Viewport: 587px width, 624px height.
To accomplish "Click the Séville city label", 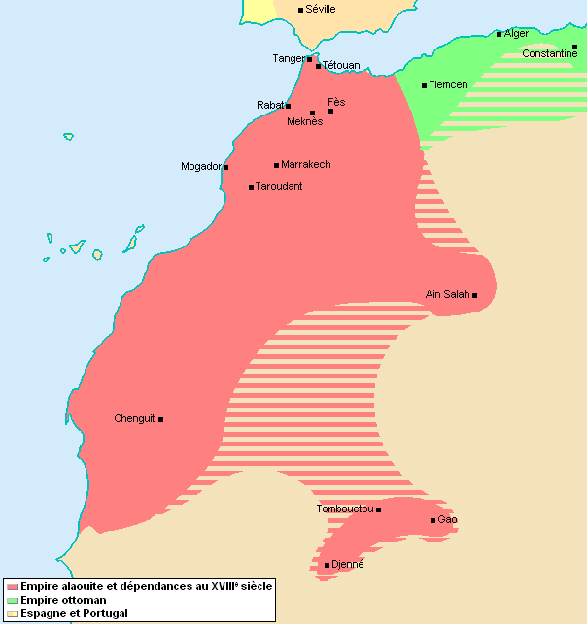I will (x=320, y=9).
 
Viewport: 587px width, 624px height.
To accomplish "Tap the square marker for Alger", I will (x=500, y=34).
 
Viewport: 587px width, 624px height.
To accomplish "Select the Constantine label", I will (x=549, y=54).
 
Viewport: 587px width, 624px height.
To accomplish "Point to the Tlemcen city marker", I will (x=424, y=85).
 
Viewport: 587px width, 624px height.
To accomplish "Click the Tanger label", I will (x=288, y=59).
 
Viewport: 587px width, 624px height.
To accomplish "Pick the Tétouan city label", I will (x=340, y=65).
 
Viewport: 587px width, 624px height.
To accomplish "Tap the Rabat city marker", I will (x=289, y=105).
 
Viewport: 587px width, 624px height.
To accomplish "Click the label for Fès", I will (x=336, y=102).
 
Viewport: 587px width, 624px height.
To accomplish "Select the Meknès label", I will (x=304, y=122).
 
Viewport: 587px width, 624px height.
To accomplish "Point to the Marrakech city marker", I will (x=276, y=165).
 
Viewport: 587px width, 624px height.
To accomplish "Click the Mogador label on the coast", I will (x=201, y=167).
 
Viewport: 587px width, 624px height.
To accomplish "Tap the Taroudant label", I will (x=279, y=186).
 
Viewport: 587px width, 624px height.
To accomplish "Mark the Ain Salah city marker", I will (x=475, y=295).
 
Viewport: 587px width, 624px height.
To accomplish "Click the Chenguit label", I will (x=134, y=419).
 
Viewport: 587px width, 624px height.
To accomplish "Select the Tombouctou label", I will (x=345, y=509).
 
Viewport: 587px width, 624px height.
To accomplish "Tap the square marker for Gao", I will (x=433, y=521).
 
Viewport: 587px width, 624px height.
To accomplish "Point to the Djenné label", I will (x=347, y=565).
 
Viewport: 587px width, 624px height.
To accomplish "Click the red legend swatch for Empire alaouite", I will (x=12, y=586).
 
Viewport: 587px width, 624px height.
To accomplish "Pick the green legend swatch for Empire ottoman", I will (x=12, y=600).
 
